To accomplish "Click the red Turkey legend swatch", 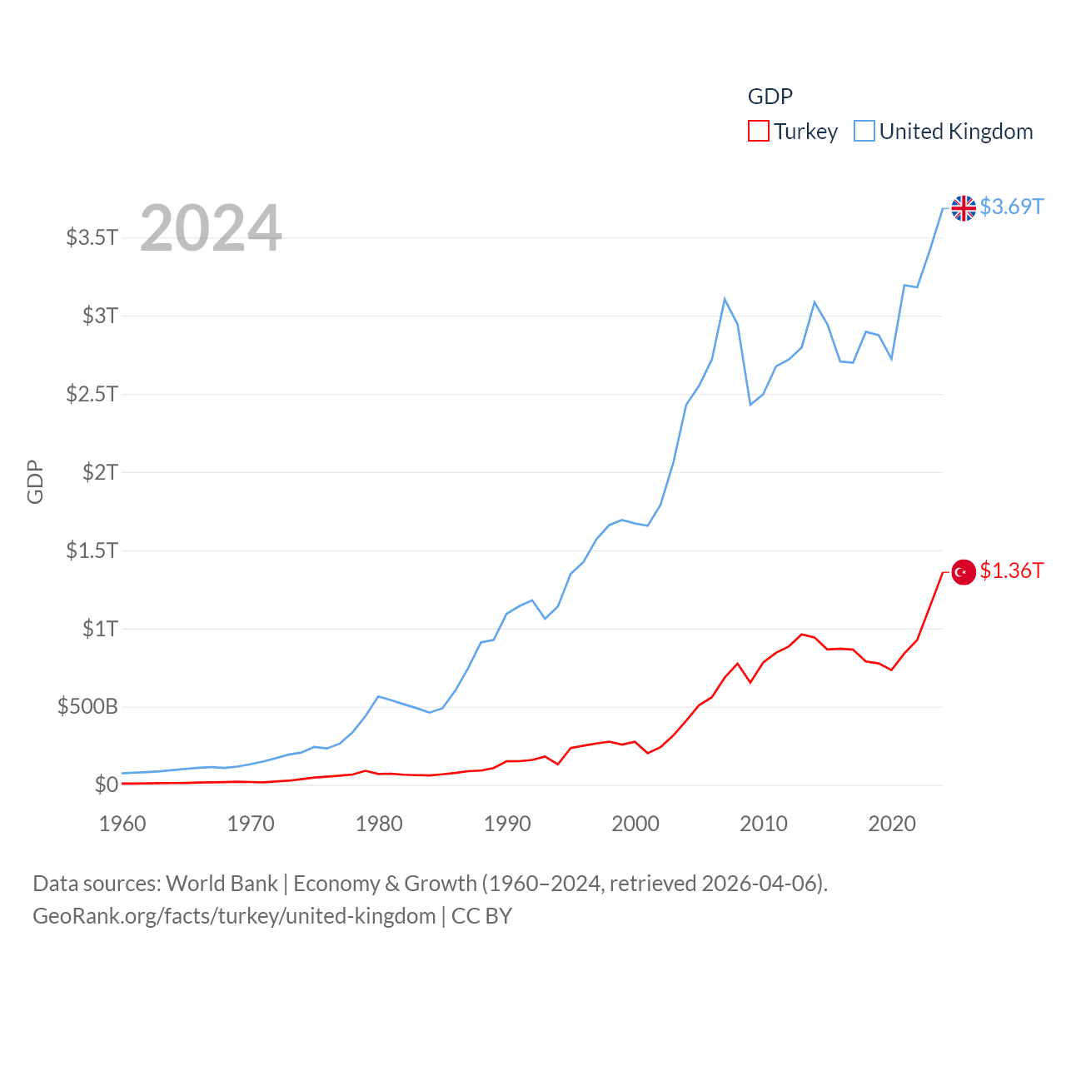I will click(758, 132).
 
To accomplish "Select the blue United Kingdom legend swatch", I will click(864, 132).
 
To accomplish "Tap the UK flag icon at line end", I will click(964, 207).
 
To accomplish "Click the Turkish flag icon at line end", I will click(964, 572).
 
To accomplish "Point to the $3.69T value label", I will click(1011, 207).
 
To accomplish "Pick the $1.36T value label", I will click(1011, 570).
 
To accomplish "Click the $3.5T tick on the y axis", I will click(92, 237).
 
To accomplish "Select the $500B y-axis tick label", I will click(87, 707).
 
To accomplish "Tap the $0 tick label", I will click(107, 785).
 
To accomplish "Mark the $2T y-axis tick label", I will click(100, 472).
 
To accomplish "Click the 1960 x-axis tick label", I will click(122, 824).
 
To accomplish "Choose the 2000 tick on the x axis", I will click(635, 824).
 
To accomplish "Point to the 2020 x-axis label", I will click(892, 824).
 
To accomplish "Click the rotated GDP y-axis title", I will click(35, 481).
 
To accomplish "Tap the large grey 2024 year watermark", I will click(211, 228).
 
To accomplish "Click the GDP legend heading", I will click(770, 97).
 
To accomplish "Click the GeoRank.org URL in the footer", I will click(234, 916).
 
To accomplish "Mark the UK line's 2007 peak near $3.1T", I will click(725, 298).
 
